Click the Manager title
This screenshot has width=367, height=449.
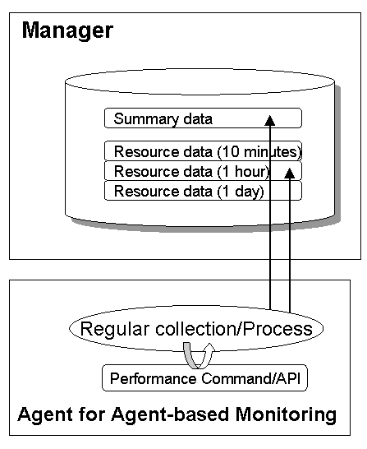pos(67,31)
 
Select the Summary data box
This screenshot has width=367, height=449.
pos(203,118)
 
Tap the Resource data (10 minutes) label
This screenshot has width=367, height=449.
pos(208,151)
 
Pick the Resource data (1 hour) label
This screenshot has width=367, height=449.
pos(192,172)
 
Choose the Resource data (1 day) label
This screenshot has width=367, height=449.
pos(189,192)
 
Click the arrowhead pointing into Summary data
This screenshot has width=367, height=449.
pos(270,120)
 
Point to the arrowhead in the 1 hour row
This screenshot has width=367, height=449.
pos(290,173)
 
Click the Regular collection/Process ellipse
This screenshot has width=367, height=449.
pos(196,328)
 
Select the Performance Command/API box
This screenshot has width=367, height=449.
pos(204,378)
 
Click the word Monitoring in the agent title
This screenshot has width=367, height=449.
pos(286,415)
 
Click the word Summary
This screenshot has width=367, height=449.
pos(146,119)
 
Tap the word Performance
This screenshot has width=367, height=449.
pos(154,378)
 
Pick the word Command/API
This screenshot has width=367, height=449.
pos(251,378)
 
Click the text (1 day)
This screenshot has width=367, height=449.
pos(241,192)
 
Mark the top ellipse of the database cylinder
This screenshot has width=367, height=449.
pos(200,81)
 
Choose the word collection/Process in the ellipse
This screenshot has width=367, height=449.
pos(234,329)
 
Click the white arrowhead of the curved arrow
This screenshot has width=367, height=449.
pos(210,347)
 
